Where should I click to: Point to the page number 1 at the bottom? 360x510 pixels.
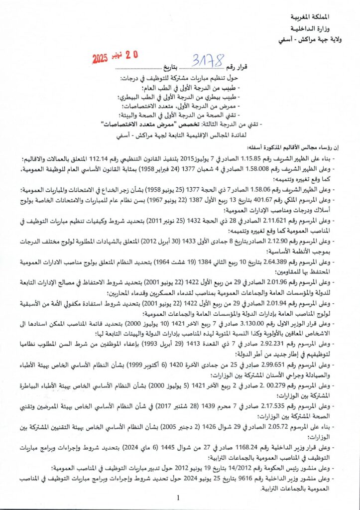pyautogui.click(x=178, y=498)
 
